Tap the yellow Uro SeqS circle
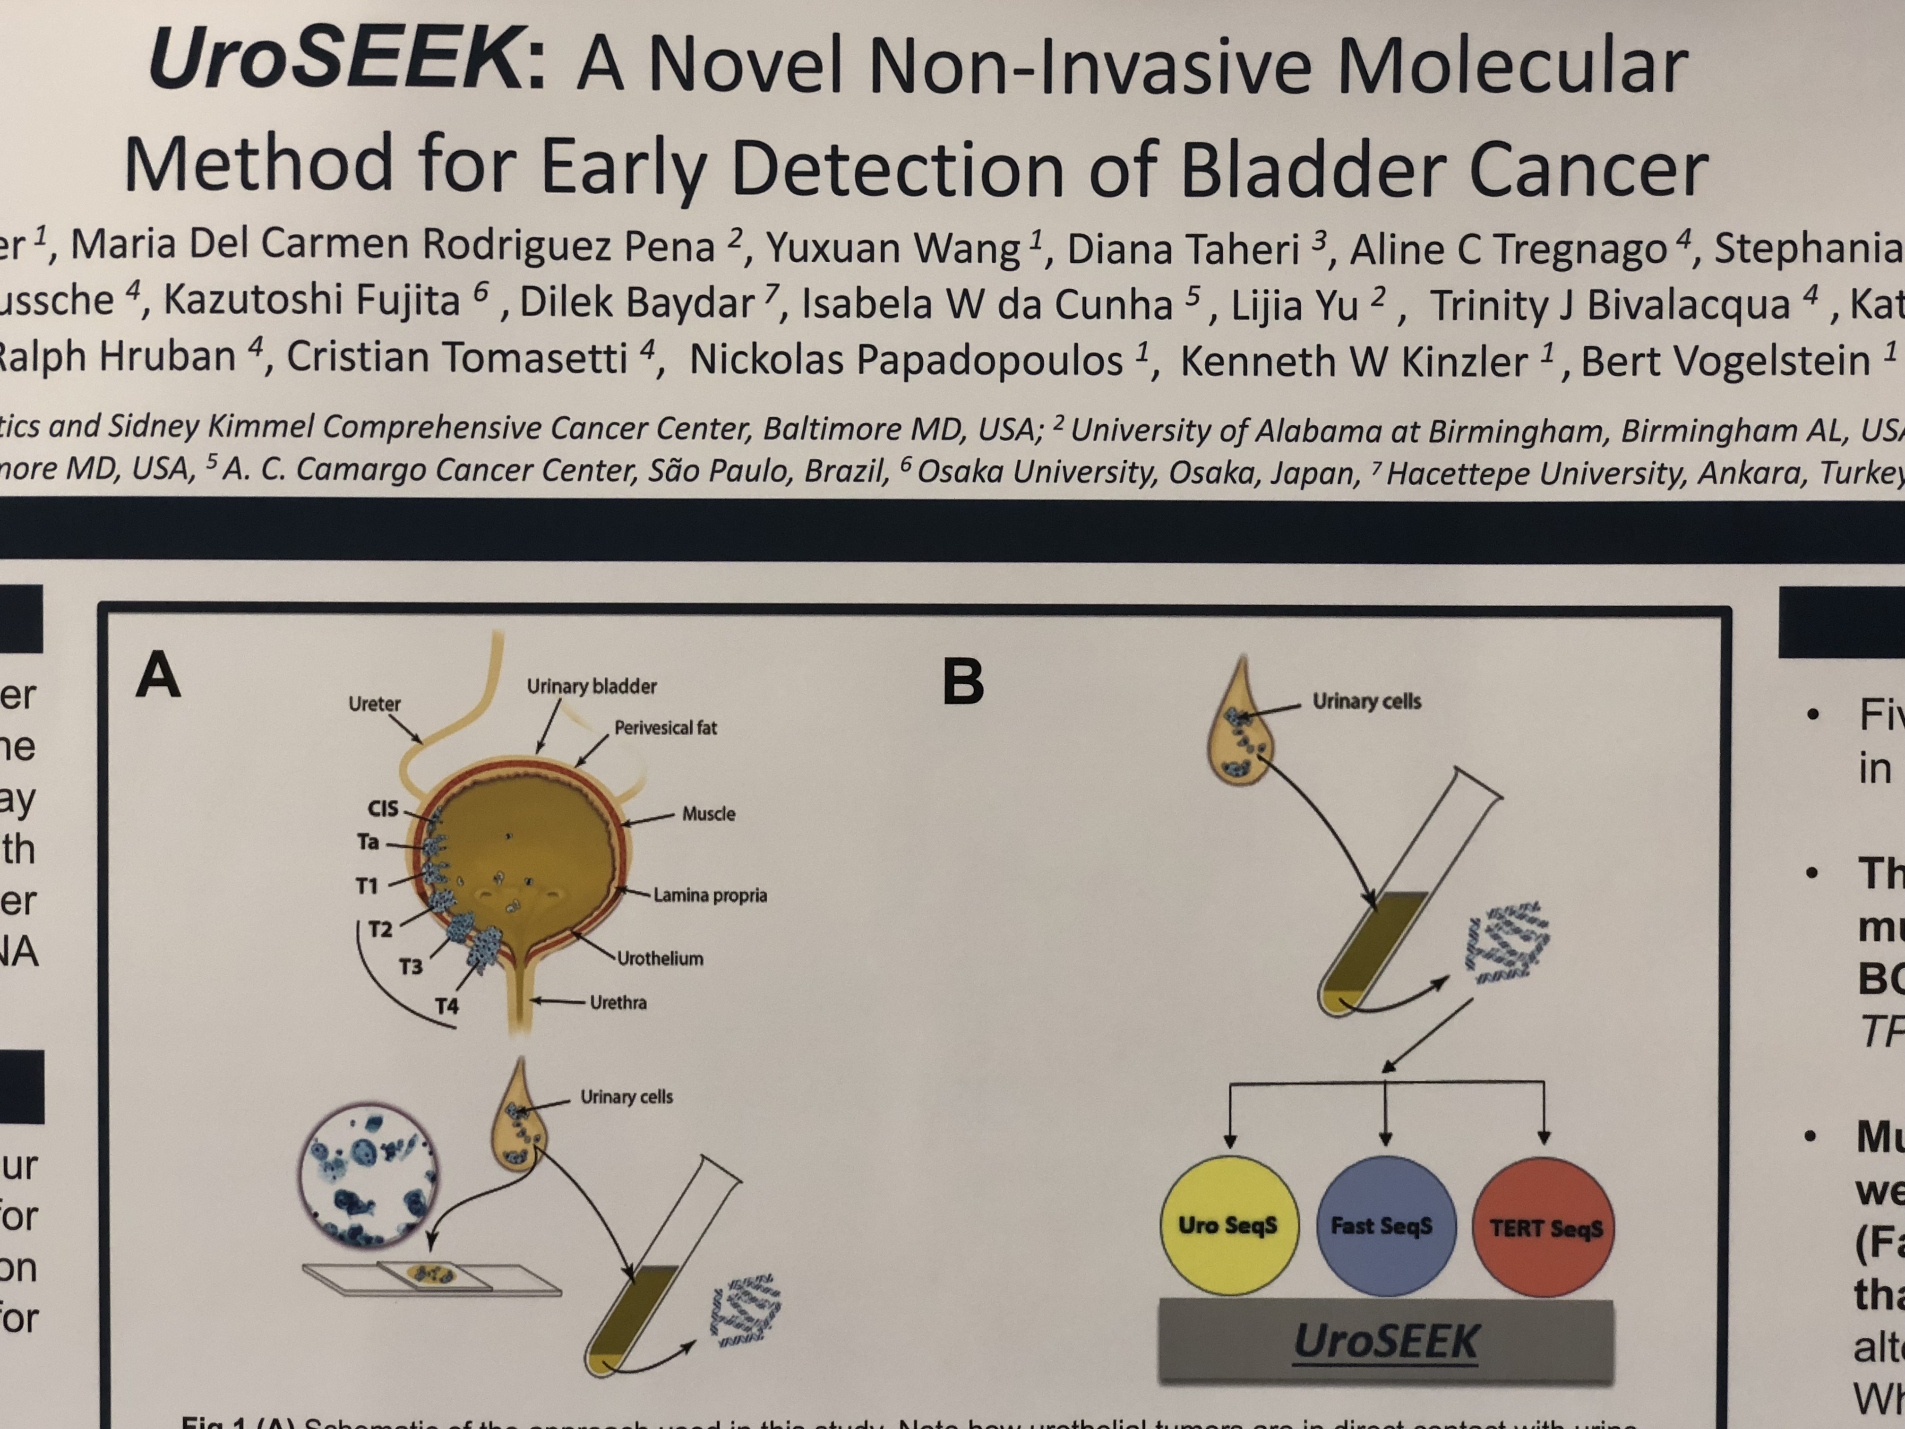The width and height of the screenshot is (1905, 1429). (x=1229, y=1225)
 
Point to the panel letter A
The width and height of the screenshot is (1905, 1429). (x=158, y=674)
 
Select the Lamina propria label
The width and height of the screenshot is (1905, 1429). (x=710, y=895)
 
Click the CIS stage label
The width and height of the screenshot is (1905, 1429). (x=383, y=808)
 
